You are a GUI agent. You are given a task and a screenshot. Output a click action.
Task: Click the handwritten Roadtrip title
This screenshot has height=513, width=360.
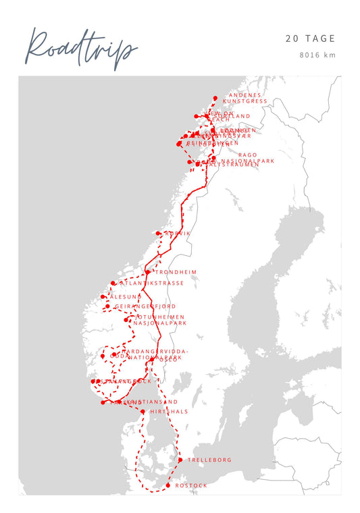(x=81, y=49)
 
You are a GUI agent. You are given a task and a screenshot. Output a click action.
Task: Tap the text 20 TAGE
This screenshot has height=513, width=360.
(x=310, y=39)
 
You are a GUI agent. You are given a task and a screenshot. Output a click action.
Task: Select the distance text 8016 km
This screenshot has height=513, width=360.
(x=317, y=55)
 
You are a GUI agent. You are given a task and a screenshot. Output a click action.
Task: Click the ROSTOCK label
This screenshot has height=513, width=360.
(x=191, y=486)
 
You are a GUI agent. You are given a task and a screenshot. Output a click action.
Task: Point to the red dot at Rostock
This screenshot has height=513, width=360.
(x=168, y=485)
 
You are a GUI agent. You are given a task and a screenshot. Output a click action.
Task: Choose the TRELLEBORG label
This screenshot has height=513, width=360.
(x=209, y=460)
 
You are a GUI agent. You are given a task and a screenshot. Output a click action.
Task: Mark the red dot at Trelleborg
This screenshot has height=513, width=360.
(x=180, y=460)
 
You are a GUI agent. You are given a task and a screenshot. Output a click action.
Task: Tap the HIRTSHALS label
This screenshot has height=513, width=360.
(x=169, y=411)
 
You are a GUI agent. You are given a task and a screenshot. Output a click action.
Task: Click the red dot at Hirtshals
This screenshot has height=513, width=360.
(x=143, y=411)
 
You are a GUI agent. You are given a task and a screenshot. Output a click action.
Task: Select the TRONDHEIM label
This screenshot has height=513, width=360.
(x=176, y=272)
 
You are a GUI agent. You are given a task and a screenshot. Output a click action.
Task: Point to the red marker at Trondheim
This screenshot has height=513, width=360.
(x=148, y=272)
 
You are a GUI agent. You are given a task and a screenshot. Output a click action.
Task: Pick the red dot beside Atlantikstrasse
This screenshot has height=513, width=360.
(x=113, y=283)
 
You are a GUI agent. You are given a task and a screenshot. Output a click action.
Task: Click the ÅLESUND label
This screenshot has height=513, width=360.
(x=126, y=296)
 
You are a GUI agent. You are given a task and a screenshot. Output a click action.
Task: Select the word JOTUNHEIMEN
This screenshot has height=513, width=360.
(x=160, y=317)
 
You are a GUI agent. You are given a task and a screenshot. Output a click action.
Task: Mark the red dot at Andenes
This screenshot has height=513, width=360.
(x=215, y=98)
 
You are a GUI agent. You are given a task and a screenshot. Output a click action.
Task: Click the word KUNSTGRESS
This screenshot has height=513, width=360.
(x=245, y=101)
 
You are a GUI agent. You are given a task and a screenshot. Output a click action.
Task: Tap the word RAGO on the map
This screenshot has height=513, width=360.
(x=248, y=155)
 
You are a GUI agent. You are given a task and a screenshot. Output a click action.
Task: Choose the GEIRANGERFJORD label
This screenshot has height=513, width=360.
(x=145, y=306)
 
